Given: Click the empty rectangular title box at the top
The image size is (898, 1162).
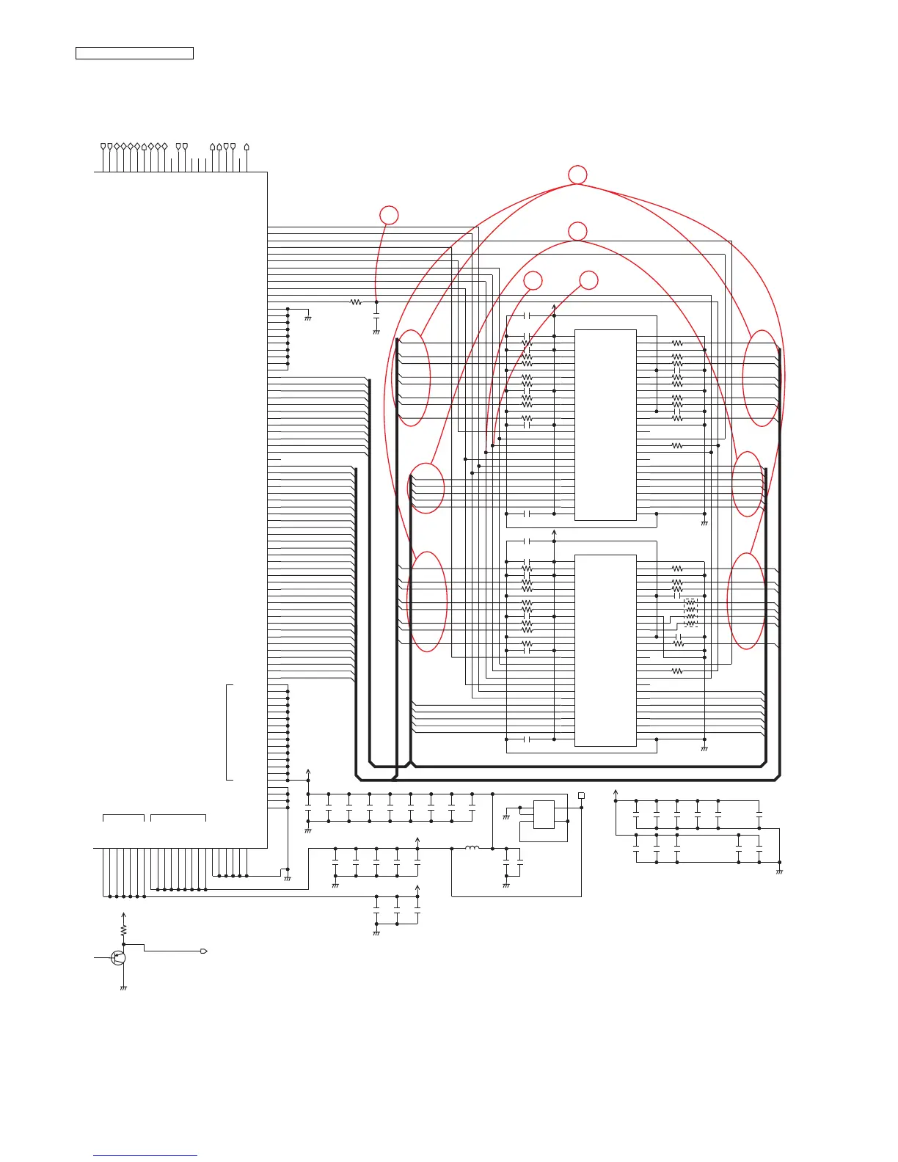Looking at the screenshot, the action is point(134,53).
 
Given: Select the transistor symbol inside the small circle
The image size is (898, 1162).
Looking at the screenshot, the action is point(118,957).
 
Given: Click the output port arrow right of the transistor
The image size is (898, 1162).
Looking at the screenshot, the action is point(204,951).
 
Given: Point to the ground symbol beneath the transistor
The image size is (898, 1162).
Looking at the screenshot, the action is point(123,988).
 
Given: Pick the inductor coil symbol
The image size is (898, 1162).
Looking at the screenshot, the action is point(472,848).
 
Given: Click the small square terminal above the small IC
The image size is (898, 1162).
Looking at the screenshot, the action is point(581,795).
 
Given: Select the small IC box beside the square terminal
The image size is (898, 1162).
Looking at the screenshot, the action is point(544,814).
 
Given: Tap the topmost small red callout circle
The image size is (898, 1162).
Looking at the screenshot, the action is point(578,175).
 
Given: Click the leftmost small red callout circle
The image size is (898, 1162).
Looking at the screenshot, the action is point(389,215).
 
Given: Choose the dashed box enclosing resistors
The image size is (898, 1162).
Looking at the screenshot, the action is point(690,613).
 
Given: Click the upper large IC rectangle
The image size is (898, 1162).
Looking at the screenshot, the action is point(605,425).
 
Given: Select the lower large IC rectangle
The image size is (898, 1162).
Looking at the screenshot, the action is point(605,650).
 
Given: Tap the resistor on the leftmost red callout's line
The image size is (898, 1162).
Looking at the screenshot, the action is point(356,302).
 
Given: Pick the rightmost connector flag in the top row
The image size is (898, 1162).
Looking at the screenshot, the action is point(247,147).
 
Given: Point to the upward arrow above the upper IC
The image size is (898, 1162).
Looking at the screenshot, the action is point(554,305).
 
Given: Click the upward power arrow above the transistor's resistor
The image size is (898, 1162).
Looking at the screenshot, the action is point(123,915).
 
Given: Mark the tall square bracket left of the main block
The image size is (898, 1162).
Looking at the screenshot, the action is point(230,731).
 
